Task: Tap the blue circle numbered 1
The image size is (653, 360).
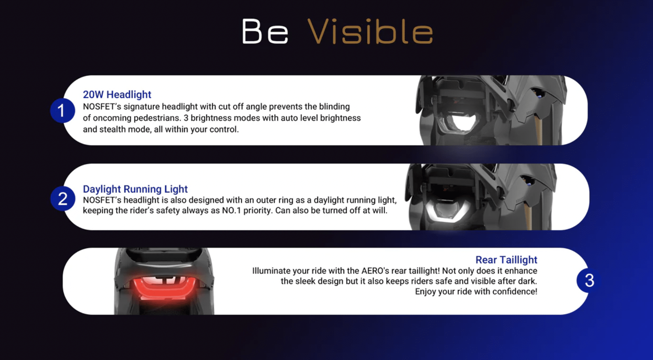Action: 62,111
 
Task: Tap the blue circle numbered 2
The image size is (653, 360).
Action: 63,198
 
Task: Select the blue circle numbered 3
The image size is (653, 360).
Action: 589,280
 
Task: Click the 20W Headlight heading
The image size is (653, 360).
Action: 117,94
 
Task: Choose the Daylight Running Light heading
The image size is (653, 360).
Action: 135,189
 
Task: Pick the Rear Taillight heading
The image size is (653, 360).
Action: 506,260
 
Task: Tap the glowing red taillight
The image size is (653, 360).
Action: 164,287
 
